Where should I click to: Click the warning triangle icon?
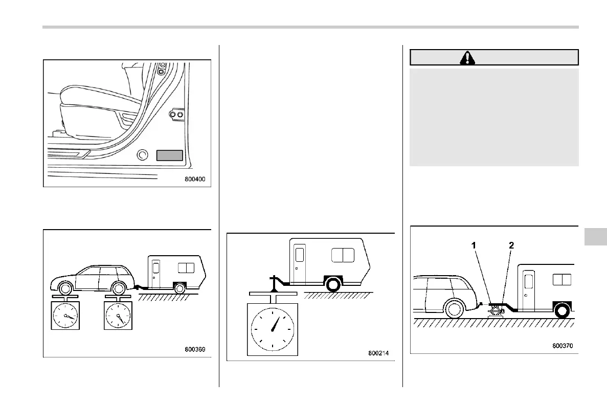pyautogui.click(x=467, y=58)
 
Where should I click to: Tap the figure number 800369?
pyautogui.click(x=197, y=350)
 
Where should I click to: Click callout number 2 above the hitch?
pyautogui.click(x=512, y=246)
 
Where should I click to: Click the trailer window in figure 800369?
pyautogui.click(x=186, y=268)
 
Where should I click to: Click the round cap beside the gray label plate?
pyautogui.click(x=143, y=154)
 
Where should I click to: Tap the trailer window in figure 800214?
pyautogui.click(x=343, y=255)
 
